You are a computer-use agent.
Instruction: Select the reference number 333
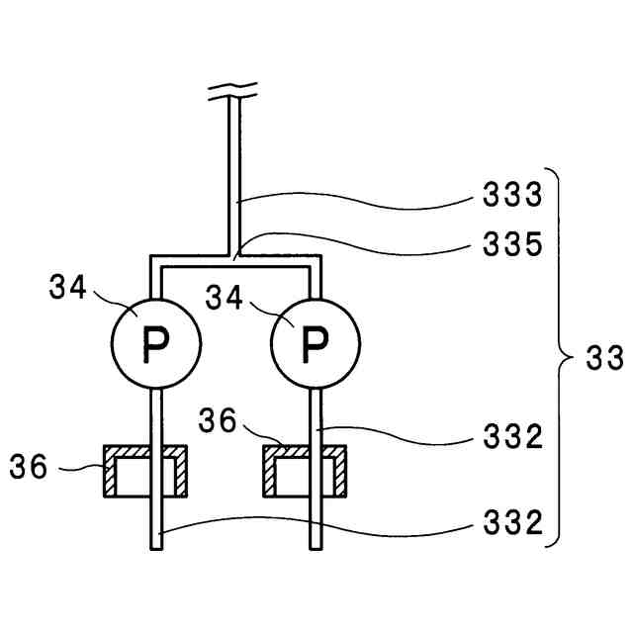(513, 195)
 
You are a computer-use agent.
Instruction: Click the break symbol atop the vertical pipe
(234, 95)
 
